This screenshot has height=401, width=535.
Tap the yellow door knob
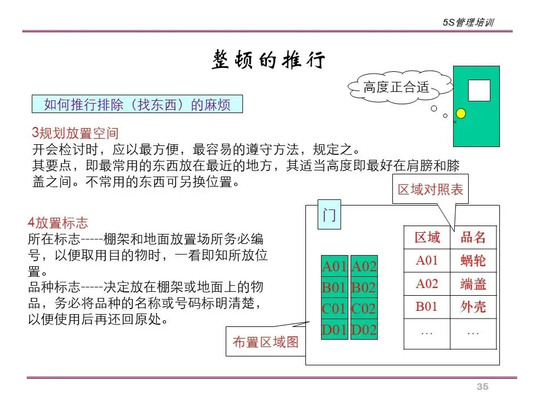tap(461, 114)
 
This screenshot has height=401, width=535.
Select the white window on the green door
tap(479, 90)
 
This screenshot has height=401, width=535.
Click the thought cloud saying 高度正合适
tap(396, 87)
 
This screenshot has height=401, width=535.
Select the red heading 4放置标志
tap(58, 223)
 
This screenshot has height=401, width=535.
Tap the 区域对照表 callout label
tap(430, 189)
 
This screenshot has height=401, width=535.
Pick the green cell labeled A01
tap(335, 267)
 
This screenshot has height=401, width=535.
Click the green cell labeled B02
tap(364, 288)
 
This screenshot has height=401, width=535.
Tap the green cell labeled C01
tap(335, 309)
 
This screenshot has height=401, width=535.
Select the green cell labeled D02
tap(364, 330)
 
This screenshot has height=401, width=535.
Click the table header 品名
tap(473, 238)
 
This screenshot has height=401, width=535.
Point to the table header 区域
tap(427, 238)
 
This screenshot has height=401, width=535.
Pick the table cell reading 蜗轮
tap(473, 261)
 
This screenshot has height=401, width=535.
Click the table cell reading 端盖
tap(473, 284)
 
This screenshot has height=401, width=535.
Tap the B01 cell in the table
tap(427, 307)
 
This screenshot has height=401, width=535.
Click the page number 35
tap(482, 387)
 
